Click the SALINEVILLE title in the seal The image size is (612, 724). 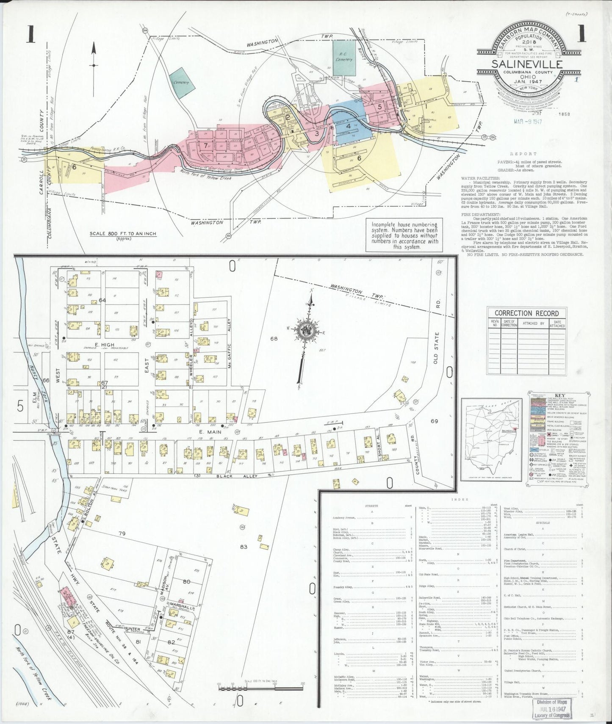[x=527, y=64]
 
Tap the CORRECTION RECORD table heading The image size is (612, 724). [x=526, y=313]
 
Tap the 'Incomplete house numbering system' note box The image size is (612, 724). [x=404, y=235]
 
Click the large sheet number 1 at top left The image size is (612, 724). [x=30, y=34]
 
